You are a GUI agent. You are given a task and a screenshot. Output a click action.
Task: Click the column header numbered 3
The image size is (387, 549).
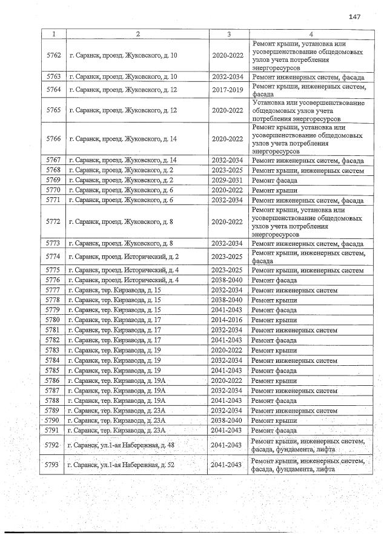click(x=228, y=35)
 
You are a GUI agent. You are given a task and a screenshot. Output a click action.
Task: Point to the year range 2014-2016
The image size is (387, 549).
click(x=228, y=319)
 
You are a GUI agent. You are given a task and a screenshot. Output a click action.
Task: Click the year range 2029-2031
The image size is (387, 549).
click(x=228, y=180)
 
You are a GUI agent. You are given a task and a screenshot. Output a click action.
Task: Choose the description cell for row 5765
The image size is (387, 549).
click(x=308, y=110)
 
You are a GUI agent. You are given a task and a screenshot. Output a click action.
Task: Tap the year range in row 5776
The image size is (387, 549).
click(x=228, y=280)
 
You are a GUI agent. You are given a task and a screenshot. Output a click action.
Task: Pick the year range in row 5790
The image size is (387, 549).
click(x=228, y=420)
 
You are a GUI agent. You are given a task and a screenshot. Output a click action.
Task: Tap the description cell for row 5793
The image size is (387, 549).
click(x=308, y=465)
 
